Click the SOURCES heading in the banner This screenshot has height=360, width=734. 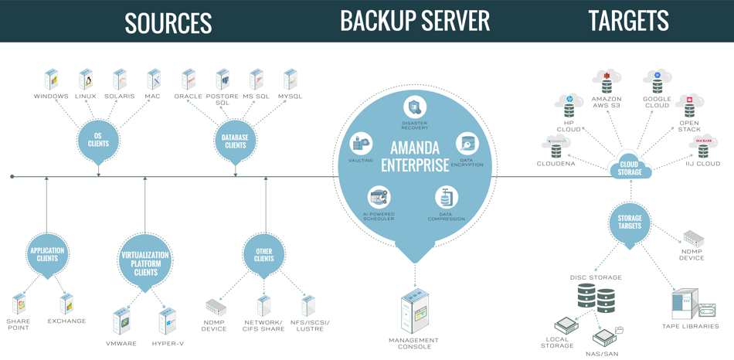click(168, 22)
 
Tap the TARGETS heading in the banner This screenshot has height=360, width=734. click(629, 21)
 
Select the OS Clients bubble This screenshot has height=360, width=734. click(98, 141)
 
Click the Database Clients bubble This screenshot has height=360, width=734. click(236, 141)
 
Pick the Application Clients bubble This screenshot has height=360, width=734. click(47, 255)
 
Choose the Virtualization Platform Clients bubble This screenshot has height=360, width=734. click(145, 262)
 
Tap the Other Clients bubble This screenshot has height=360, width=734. click(264, 255)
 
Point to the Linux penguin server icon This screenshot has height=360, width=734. click(86, 80)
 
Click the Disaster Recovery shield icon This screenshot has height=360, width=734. click(415, 107)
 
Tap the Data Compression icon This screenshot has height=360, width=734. click(447, 197)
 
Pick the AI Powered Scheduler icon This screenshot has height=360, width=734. click(379, 197)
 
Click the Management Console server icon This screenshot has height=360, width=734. click(415, 310)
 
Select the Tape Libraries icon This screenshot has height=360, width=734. click(694, 304)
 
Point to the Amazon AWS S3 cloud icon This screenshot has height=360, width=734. click(607, 81)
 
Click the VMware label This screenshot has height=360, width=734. click(121, 344)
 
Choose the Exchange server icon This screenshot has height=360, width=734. click(67, 304)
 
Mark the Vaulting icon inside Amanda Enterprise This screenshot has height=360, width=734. click(361, 143)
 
